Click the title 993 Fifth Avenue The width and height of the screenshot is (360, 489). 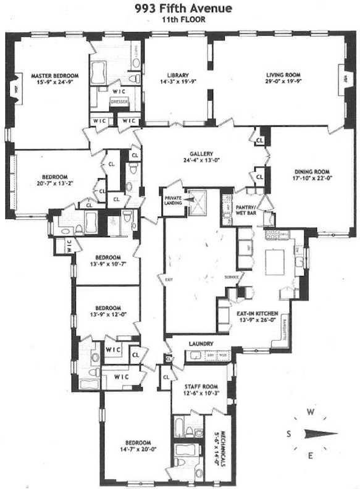(179, 9)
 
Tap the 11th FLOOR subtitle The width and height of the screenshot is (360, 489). (179, 19)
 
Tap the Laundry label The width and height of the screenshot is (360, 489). (203, 343)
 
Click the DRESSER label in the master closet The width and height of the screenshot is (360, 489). (119, 103)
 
